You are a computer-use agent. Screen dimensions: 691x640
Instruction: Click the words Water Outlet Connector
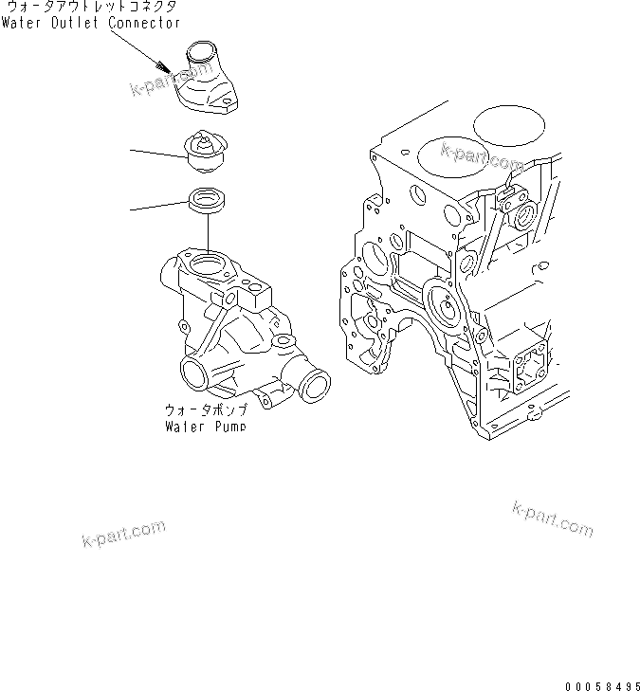point(90,23)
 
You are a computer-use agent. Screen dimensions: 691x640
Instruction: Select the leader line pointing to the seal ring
point(156,206)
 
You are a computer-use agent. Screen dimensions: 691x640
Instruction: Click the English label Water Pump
point(205,427)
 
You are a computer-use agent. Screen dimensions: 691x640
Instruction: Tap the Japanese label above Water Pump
point(205,410)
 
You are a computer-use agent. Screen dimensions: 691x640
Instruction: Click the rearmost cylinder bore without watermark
point(509,125)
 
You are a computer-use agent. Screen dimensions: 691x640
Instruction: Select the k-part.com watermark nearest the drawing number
point(552,518)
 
